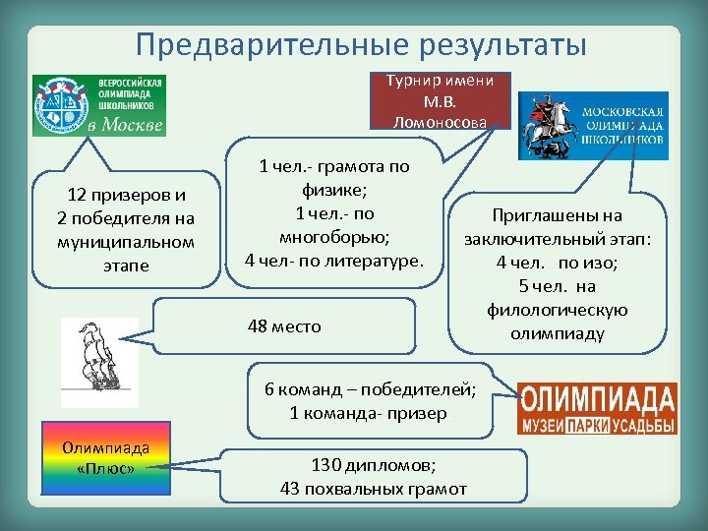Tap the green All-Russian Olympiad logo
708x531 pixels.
[x=98, y=104]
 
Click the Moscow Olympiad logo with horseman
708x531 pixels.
[x=592, y=125]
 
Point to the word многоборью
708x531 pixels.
[x=334, y=237]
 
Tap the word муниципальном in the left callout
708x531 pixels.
[x=126, y=241]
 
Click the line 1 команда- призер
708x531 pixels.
[x=368, y=413]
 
